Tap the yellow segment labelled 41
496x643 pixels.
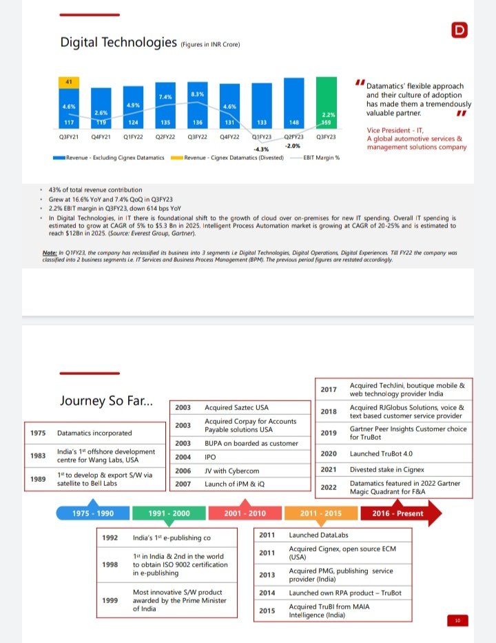point(69,82)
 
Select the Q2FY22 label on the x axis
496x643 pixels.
point(165,137)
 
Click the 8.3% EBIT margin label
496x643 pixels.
point(197,93)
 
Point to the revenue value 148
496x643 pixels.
point(293,123)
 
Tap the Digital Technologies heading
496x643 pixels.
point(118,43)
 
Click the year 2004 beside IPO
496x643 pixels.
point(183,457)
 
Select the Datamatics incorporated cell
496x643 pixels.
point(94,433)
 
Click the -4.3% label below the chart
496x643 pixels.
point(261,149)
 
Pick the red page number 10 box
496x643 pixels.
point(457,621)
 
